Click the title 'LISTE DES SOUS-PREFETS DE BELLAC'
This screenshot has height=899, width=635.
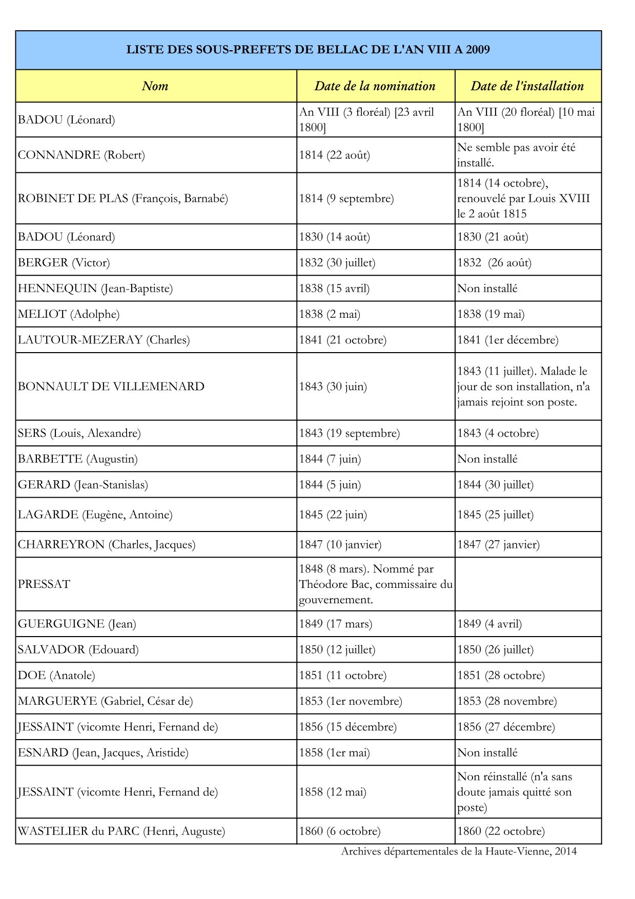(x=308, y=50)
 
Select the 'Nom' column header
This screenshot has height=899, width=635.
(x=155, y=86)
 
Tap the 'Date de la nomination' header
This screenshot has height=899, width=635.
(x=375, y=86)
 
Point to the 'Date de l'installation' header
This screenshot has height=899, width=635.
(x=527, y=86)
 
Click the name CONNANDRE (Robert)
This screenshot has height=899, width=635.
(x=81, y=155)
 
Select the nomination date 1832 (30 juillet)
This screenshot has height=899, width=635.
(x=337, y=263)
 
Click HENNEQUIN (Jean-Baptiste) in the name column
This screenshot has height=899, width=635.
(x=95, y=289)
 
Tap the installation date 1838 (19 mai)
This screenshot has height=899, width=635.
(x=490, y=314)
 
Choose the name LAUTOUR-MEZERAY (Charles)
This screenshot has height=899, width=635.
(x=104, y=340)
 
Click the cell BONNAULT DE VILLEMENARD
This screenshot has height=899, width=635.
(x=111, y=386)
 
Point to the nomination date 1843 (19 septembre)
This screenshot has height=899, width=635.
(x=349, y=433)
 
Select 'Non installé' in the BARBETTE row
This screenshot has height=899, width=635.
(x=487, y=459)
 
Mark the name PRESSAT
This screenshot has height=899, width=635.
(x=44, y=584)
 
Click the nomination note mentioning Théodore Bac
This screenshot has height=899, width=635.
(x=375, y=584)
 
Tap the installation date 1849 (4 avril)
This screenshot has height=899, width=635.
(x=489, y=624)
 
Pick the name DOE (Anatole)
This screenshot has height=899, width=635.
(x=56, y=676)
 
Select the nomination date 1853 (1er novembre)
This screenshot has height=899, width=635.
(x=351, y=701)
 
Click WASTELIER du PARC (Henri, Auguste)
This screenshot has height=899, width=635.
(x=121, y=831)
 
